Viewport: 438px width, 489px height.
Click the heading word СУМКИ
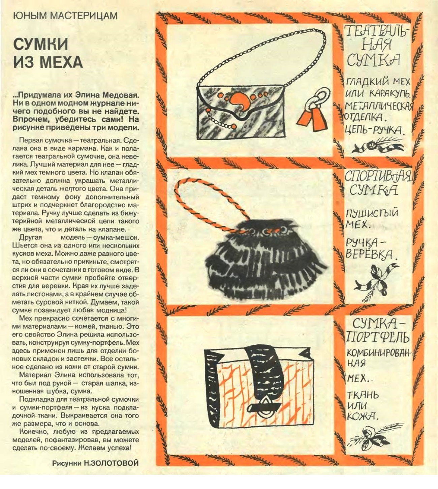pos(41,44)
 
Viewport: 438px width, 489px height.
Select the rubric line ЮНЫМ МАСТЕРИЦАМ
pos(65,16)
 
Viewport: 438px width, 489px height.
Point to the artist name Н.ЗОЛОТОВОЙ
pos(111,463)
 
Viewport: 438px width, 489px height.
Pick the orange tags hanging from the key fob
pos(311,119)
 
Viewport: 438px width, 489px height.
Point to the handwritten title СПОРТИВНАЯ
pos(378,176)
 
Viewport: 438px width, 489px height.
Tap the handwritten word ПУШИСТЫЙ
pos(372,213)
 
